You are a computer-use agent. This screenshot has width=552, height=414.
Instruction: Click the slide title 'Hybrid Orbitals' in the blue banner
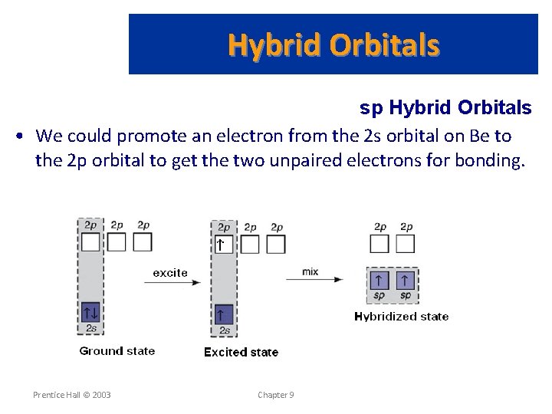coord(333,46)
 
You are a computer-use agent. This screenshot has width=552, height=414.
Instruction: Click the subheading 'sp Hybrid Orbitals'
coord(445,108)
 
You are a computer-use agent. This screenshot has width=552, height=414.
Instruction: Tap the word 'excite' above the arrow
coord(170,272)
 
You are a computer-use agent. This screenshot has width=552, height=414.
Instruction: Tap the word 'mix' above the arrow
coord(310,272)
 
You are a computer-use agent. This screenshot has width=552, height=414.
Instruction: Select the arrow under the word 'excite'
coord(172,282)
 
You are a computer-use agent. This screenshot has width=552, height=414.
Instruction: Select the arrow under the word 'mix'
coord(314,281)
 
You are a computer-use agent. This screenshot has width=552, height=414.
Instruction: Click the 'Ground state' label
coord(117,351)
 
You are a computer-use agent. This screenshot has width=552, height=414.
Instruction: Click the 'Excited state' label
coord(241,352)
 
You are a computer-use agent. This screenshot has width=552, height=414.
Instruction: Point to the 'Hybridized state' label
coord(401,316)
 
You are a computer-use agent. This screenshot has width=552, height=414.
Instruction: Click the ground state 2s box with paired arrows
coord(90,313)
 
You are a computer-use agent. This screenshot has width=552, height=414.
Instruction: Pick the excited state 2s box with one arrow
coord(222,314)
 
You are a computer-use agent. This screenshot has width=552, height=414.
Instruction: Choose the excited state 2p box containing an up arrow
coord(222,245)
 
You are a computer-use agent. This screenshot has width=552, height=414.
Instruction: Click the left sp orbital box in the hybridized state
coord(379,281)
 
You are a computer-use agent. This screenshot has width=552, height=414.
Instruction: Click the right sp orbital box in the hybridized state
coord(405,281)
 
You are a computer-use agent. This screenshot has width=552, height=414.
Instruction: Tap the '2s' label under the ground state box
coord(90,328)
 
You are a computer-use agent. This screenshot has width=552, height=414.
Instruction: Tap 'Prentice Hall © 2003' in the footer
coord(71,395)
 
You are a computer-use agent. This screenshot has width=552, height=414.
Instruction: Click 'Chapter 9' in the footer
coord(275,395)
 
